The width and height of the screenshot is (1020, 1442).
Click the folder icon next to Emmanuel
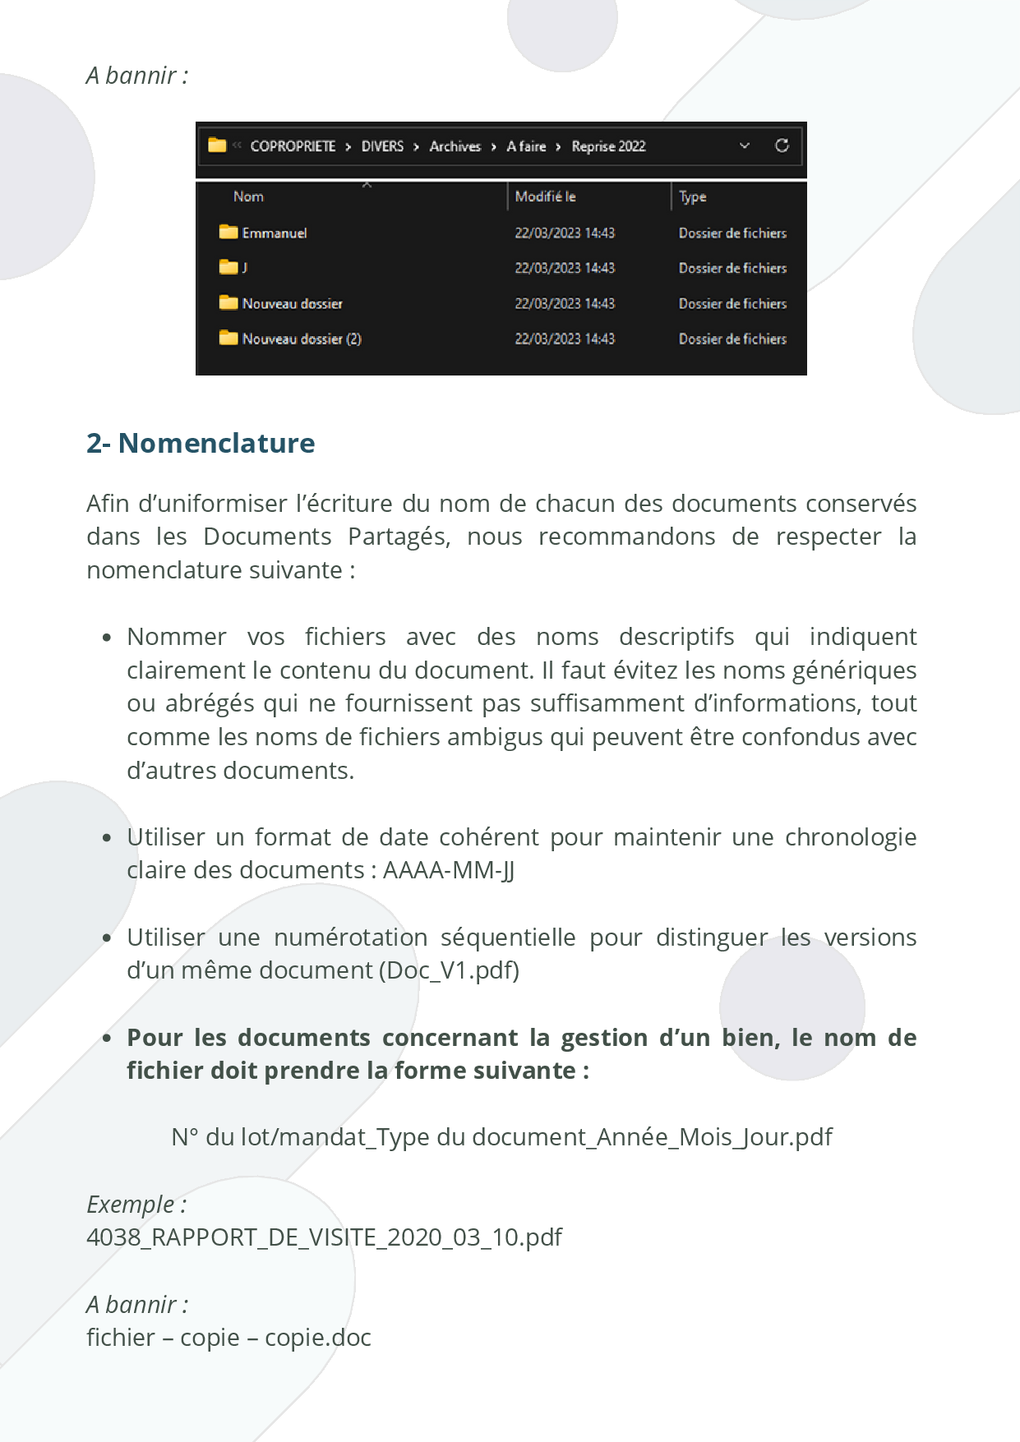228,233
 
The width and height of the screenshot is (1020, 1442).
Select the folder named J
244,268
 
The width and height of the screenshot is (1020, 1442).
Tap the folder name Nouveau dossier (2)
301,339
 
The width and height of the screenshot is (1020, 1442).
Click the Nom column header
248,196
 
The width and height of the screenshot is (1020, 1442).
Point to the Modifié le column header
545,196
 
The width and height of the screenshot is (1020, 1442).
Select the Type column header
692,196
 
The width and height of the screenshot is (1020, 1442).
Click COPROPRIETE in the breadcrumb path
293,146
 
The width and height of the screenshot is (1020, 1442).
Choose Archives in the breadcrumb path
455,146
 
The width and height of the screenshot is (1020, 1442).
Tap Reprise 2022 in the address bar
608,146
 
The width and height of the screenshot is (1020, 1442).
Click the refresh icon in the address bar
782,145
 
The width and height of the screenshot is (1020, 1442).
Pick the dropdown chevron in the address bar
745,146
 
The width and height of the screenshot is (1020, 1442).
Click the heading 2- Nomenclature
201,443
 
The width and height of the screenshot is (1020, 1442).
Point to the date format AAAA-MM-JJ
449,870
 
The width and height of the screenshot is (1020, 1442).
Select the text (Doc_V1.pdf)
449,970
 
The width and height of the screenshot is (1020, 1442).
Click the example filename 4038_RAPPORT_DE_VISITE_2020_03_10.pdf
324,1237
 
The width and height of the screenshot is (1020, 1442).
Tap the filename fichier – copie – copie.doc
228,1338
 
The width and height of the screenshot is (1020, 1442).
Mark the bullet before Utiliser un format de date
107,838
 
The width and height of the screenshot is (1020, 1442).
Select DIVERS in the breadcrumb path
382,146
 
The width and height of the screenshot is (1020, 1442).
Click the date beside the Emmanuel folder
565,233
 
